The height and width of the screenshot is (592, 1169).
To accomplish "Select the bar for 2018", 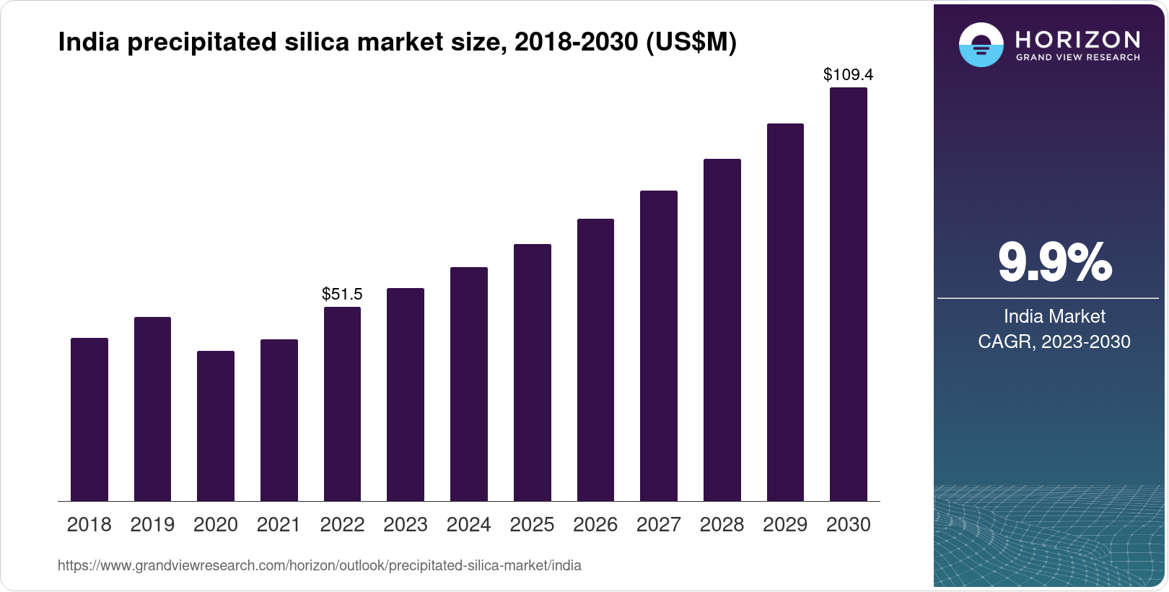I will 89,419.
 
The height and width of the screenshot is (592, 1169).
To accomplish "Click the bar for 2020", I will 216,426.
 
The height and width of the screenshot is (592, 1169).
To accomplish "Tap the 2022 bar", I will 342,404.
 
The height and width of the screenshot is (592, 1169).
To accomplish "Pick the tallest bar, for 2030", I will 848,295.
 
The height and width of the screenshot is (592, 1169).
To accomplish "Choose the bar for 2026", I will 595,360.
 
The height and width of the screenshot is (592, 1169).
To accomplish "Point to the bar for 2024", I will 469,384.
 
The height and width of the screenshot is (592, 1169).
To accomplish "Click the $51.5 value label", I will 342,294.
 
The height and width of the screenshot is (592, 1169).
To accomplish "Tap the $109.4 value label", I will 848,74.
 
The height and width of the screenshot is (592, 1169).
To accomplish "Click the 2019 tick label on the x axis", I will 152,525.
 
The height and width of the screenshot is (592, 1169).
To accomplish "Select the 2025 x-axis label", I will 532,525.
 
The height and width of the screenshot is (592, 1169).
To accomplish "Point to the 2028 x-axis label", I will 722,525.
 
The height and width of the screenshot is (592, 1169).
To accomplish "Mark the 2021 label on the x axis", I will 279,525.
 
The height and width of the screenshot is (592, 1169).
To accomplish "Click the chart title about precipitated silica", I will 397,43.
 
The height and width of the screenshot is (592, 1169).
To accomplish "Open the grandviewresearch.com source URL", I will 319,565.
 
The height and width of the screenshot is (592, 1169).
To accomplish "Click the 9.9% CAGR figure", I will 1054,262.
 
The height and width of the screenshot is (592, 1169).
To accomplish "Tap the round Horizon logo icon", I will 981,45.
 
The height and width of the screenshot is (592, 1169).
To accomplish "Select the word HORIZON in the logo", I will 1077,39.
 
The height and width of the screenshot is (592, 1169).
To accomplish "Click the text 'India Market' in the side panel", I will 1054,316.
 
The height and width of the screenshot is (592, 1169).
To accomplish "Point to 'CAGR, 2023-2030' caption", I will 1054,341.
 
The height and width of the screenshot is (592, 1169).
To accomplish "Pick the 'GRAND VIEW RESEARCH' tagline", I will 1077,58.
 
